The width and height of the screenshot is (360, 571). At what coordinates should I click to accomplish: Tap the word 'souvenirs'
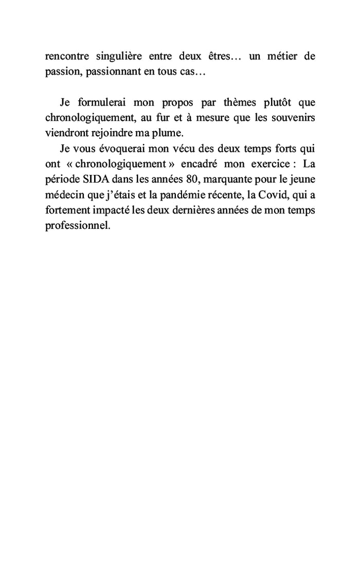293,118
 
